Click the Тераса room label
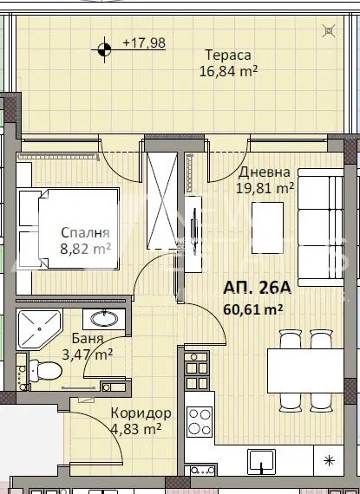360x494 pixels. (x=228, y=55)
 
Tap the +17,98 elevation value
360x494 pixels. (x=144, y=42)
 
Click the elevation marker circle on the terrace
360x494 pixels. (x=104, y=49)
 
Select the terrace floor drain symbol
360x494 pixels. (x=329, y=31)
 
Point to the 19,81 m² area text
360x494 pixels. (x=265, y=188)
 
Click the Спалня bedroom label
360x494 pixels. (x=85, y=233)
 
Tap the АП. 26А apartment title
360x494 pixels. (x=257, y=288)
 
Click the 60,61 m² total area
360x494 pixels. (x=252, y=309)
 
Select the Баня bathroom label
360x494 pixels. (x=88, y=338)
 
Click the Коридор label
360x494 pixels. (x=141, y=413)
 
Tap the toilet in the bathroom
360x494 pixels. (x=45, y=371)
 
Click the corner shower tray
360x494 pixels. (x=39, y=329)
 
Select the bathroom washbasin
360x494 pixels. (x=104, y=319)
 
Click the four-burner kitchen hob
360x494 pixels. (x=200, y=422)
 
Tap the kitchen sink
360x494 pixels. (x=261, y=462)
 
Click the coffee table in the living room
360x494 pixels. (x=267, y=228)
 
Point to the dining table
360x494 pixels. (x=305, y=371)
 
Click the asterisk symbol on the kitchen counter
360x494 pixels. (x=329, y=461)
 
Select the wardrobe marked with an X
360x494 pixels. (x=161, y=201)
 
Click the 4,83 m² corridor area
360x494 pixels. (x=136, y=429)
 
